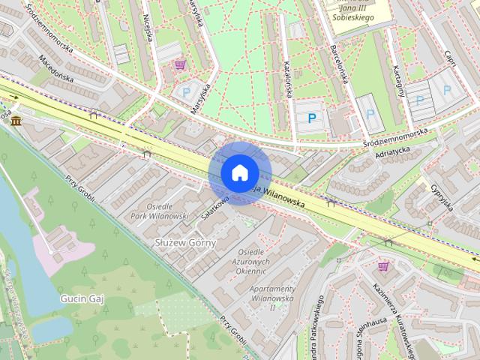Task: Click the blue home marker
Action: [x=238, y=172]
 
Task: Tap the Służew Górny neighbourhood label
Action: [x=184, y=243]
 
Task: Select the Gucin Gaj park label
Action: [x=81, y=298]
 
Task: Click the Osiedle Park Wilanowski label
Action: [x=163, y=211]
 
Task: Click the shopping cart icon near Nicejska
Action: [x=179, y=65]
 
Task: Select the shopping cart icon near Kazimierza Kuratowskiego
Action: [x=383, y=265]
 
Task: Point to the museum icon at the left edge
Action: [x=15, y=121]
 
